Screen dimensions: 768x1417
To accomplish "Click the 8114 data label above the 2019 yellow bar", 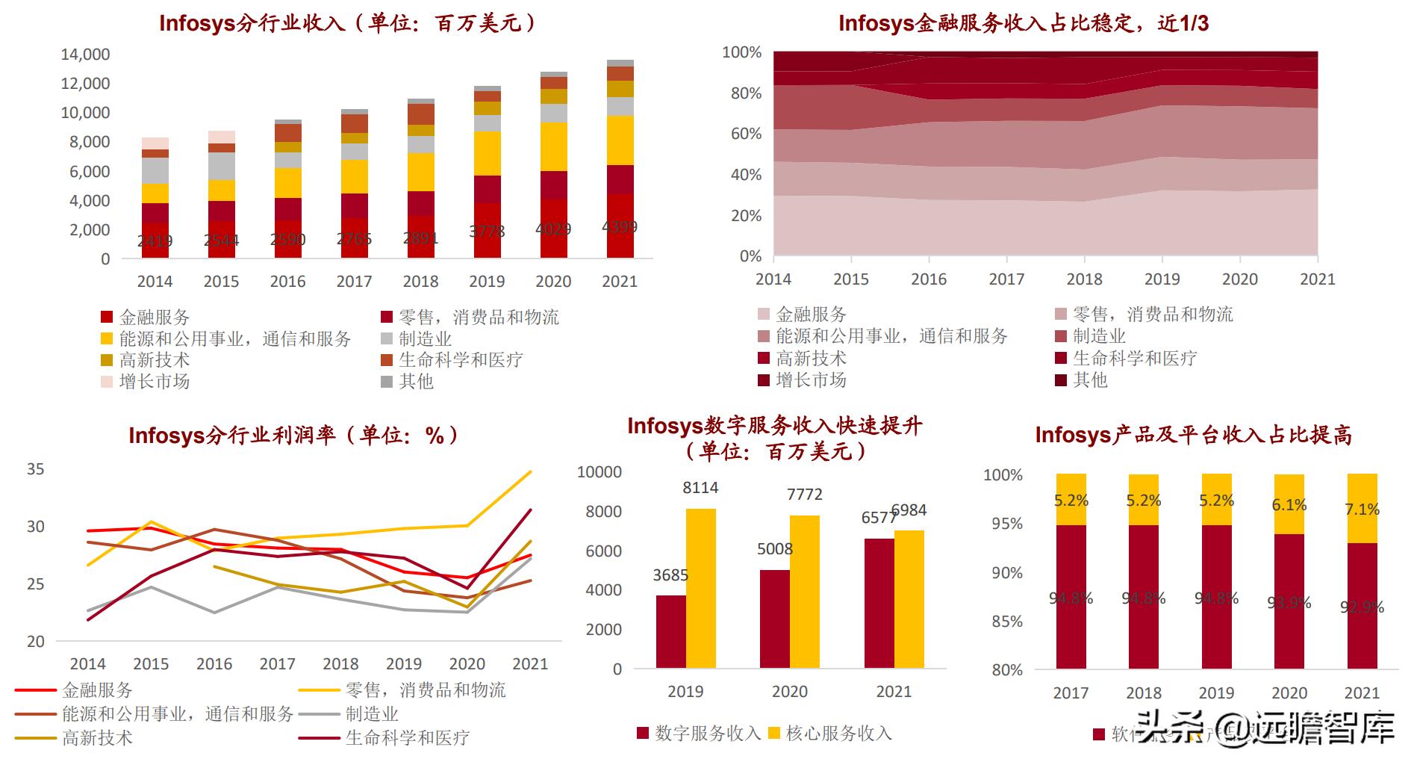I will (700, 488).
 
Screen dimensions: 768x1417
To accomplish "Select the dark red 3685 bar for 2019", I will (670, 631).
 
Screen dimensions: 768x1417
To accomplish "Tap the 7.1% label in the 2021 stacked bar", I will (1362, 510).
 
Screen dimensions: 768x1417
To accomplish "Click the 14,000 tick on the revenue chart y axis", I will (85, 55).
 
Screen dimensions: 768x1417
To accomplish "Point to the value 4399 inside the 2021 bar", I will (619, 226).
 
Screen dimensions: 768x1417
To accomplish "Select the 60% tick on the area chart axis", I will (741, 134).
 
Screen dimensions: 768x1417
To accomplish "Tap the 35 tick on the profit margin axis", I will (35, 469).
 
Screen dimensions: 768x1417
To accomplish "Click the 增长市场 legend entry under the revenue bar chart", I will (154, 382).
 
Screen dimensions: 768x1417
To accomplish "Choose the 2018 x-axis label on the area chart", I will (1084, 279).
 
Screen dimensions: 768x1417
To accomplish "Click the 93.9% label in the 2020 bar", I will (1289, 601).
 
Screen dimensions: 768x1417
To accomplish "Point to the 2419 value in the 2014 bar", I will (155, 241).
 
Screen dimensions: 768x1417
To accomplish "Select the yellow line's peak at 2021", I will (530, 471).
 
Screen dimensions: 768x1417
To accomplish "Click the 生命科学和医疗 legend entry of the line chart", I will (407, 738).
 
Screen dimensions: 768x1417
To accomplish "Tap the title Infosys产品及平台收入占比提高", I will (1193, 435).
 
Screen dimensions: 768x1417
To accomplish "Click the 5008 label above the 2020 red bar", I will (774, 549).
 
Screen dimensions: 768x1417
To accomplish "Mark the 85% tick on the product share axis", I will (1006, 622).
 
